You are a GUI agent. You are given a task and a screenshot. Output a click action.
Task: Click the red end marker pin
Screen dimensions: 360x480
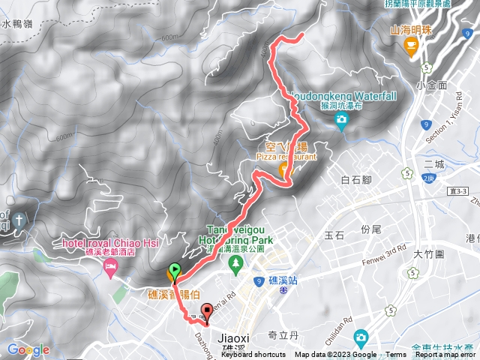[x=207, y=312]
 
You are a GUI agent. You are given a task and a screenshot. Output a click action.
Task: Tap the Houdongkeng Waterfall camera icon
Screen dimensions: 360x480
[x=342, y=119]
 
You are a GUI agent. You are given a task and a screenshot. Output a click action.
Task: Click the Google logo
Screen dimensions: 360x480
[x=28, y=349]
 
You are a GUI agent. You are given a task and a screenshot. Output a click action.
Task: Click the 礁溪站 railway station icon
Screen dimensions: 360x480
[x=283, y=289]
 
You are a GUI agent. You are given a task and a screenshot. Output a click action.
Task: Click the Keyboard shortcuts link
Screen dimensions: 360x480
[x=253, y=355]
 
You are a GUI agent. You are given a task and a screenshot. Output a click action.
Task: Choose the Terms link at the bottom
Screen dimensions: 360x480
[x=396, y=355]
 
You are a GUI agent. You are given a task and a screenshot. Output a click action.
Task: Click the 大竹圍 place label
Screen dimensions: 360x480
[x=430, y=254]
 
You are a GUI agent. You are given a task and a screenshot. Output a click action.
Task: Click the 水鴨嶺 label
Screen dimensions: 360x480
[x=16, y=23]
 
